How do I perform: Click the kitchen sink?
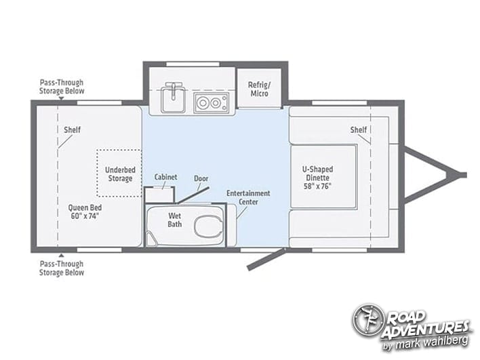174,98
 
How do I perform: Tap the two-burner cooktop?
212,102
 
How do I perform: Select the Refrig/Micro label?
259,89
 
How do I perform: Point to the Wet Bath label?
174,220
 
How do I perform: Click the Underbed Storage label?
120,174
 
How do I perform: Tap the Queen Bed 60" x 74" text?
85,212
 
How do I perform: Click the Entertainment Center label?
248,197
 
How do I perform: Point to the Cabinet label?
165,177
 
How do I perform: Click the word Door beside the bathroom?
201,178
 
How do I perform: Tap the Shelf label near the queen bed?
73,129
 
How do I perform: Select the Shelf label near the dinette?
359,129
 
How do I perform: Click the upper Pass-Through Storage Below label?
62,87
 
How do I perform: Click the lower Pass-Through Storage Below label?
62,268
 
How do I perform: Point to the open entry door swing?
266,260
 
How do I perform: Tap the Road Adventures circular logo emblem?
367,320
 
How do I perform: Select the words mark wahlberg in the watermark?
432,341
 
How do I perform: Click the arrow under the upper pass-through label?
62,98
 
